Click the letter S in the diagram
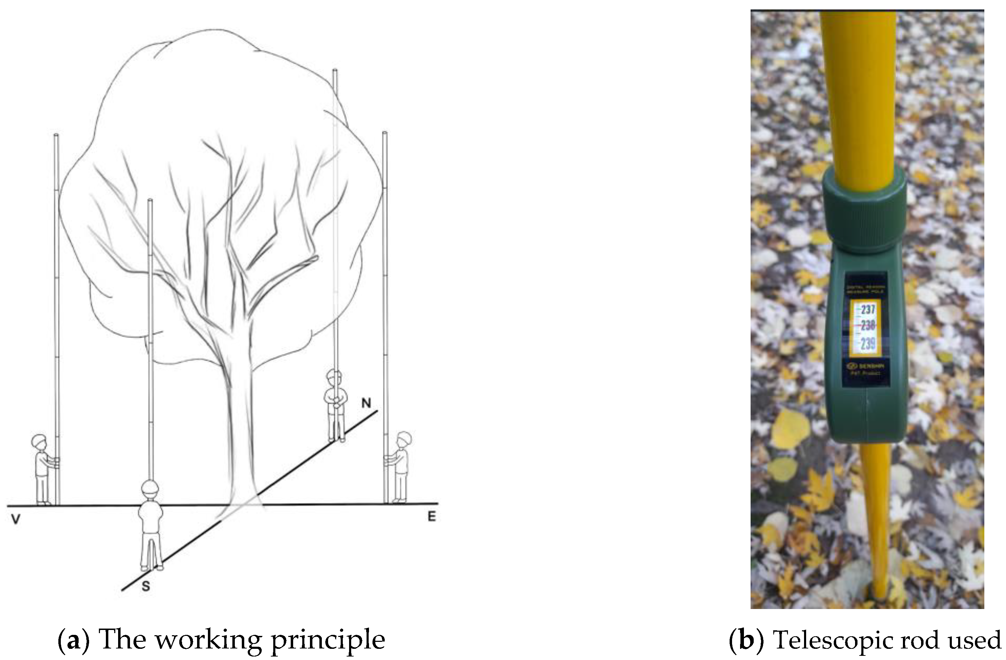coord(145,586)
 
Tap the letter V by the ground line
coord(16,519)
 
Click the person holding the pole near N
coord(335,406)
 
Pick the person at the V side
coord(42,469)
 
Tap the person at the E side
coord(400,467)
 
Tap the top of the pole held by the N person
coord(335,71)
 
